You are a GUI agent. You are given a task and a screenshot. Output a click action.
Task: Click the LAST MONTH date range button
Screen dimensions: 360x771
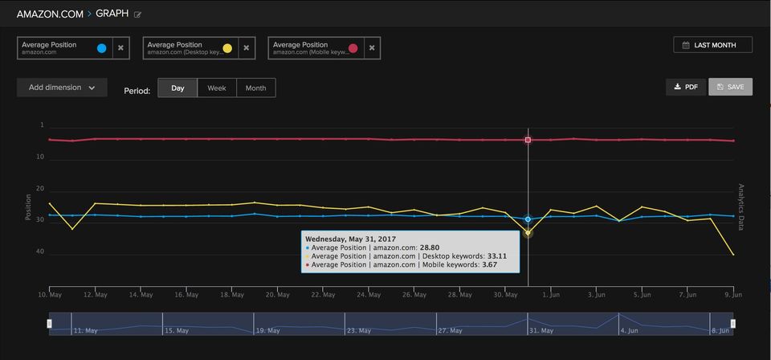[x=712, y=45]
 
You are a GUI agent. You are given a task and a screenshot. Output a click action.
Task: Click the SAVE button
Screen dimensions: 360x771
[x=730, y=87]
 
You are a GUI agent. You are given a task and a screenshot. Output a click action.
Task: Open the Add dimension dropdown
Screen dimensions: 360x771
[x=62, y=88]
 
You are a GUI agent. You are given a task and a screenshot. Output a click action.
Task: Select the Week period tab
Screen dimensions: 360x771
[x=217, y=88]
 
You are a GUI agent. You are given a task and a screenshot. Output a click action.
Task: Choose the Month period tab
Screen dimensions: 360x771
[x=255, y=88]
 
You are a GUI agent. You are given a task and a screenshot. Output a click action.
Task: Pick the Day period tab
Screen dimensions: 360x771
[x=177, y=88]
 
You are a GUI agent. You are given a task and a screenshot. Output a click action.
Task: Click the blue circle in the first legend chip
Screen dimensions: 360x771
[x=101, y=48]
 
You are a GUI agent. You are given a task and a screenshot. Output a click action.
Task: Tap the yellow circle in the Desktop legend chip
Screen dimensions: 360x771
[x=227, y=48]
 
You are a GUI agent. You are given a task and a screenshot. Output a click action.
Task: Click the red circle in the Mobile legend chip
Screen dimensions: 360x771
[x=353, y=48]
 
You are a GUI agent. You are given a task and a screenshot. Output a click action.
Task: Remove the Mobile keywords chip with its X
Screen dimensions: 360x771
[x=371, y=48]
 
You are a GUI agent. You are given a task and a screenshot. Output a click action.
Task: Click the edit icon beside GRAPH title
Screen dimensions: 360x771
[x=138, y=14]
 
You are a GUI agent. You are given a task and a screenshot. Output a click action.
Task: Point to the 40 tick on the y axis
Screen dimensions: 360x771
[x=40, y=252]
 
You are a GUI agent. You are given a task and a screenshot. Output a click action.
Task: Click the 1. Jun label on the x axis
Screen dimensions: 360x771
[x=551, y=295]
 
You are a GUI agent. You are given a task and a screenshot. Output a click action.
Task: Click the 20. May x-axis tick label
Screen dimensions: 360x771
[x=277, y=295]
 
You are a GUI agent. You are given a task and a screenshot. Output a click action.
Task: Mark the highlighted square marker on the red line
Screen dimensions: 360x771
[x=528, y=140]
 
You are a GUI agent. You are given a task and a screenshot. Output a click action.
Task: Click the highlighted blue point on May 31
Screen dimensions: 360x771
[x=528, y=219]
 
